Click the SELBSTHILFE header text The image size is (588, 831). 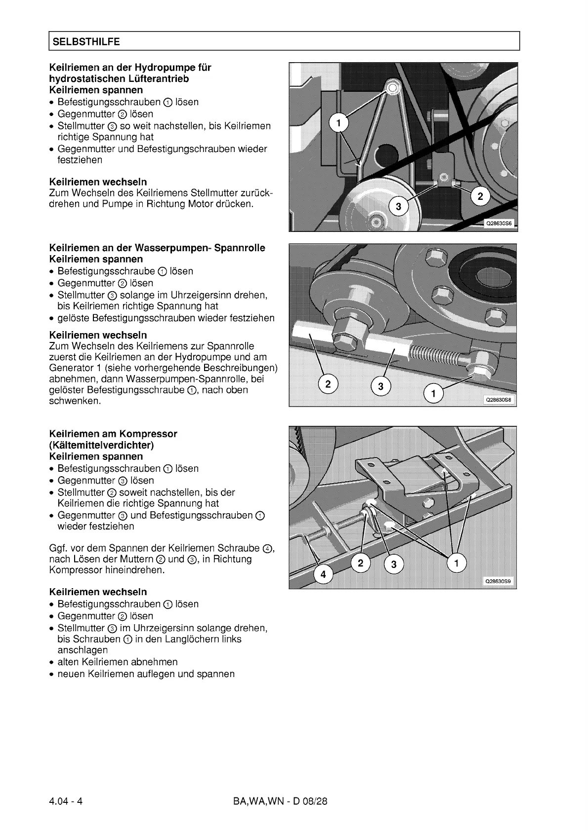pyautogui.click(x=86, y=42)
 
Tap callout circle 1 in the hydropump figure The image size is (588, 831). pyautogui.click(x=338, y=123)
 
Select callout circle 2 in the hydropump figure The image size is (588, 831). pyautogui.click(x=480, y=196)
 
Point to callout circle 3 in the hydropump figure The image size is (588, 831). pyautogui.click(x=398, y=206)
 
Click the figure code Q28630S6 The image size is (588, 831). pyautogui.click(x=499, y=223)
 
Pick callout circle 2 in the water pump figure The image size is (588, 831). pyautogui.click(x=328, y=383)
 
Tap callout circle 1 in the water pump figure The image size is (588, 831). pyautogui.click(x=433, y=393)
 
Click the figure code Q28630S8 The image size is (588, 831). pyautogui.click(x=499, y=400)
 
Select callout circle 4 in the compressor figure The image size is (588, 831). pyautogui.click(x=323, y=574)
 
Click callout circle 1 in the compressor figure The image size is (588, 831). pyautogui.click(x=456, y=563)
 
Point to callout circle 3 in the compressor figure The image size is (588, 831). pyautogui.click(x=393, y=564)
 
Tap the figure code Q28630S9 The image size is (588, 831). pyautogui.click(x=499, y=581)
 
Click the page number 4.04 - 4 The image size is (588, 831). pyautogui.click(x=66, y=801)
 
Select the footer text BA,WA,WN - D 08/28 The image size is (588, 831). pyautogui.click(x=280, y=801)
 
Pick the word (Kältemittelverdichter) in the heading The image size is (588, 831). pyautogui.click(x=101, y=445)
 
